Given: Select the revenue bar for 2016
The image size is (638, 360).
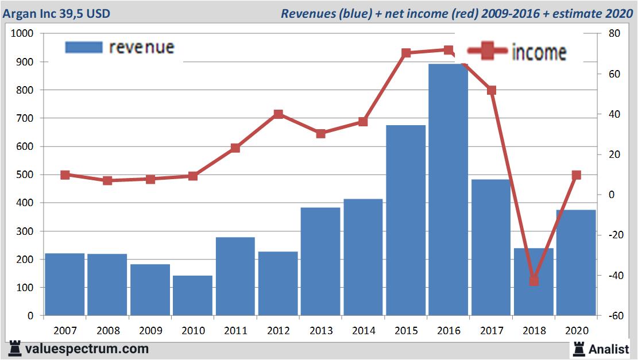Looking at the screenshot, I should tap(448, 189).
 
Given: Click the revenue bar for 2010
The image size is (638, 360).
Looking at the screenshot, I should tap(192, 296).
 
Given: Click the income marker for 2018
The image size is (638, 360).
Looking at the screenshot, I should tap(533, 280).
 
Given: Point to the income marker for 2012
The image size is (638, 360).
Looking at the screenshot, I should tap(278, 114).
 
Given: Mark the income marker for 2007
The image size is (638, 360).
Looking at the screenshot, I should tap(65, 175).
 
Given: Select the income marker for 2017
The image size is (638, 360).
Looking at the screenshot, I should tap(491, 90).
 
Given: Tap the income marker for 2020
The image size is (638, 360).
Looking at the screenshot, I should tap(576, 175).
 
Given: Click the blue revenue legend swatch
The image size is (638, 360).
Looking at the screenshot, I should tap(83, 47).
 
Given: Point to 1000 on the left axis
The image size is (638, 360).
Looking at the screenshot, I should tap(23, 34).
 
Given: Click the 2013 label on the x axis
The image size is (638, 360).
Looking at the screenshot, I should tap(320, 331).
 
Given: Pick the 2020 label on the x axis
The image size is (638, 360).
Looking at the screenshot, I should tap(576, 331).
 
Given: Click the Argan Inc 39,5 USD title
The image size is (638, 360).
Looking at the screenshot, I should tap(56, 13).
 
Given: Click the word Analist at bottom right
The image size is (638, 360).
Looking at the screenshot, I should tap(609, 349).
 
